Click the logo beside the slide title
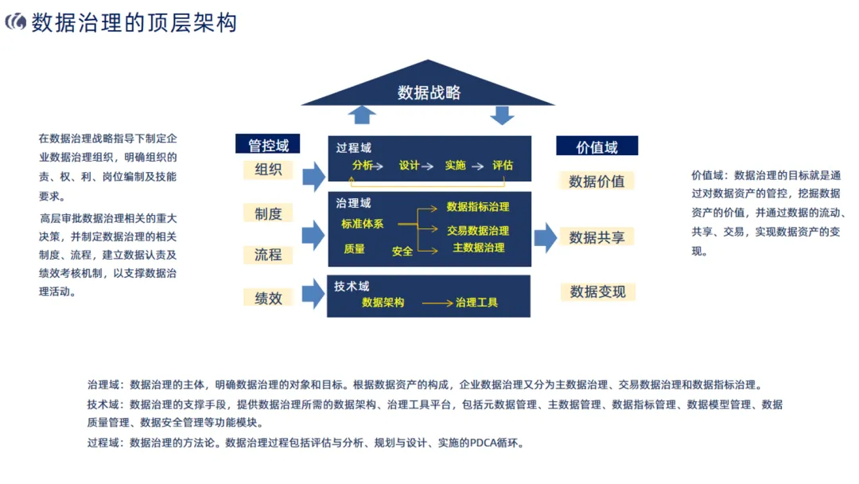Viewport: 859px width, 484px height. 15,22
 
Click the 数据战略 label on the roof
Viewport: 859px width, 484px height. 429,92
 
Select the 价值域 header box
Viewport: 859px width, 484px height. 597,146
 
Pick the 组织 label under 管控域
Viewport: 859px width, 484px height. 268,170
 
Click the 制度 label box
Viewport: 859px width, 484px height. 268,213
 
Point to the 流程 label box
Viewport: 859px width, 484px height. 268,255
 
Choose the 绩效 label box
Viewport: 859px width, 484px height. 268,298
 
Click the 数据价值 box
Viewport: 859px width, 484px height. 597,181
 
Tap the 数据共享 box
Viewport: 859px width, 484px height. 597,237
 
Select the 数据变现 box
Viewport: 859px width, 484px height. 597,291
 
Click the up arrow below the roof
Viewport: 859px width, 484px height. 362,115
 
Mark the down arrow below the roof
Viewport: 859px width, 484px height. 502,115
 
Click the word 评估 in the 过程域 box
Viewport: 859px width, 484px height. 503,166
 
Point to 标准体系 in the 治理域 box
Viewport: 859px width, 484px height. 362,224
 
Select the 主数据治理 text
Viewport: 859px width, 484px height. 478,248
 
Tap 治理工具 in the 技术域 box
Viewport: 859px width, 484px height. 476,302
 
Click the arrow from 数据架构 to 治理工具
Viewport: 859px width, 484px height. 436,303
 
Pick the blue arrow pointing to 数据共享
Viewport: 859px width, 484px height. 545,237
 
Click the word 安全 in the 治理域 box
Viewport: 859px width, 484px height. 402,251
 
